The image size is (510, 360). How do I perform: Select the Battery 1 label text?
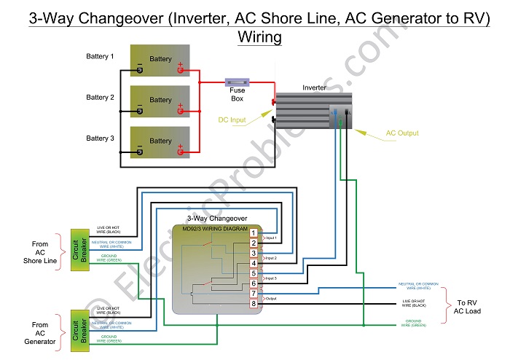[101, 56]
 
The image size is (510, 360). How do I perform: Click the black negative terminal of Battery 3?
[139, 152]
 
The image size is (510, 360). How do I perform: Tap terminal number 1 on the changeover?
[253, 232]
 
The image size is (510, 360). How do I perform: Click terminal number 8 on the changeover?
[253, 303]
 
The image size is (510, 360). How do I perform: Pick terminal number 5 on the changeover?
[253, 273]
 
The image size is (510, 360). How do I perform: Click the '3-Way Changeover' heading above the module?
[217, 218]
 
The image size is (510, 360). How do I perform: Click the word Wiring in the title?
[259, 36]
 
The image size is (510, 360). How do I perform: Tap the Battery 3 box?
[160, 141]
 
